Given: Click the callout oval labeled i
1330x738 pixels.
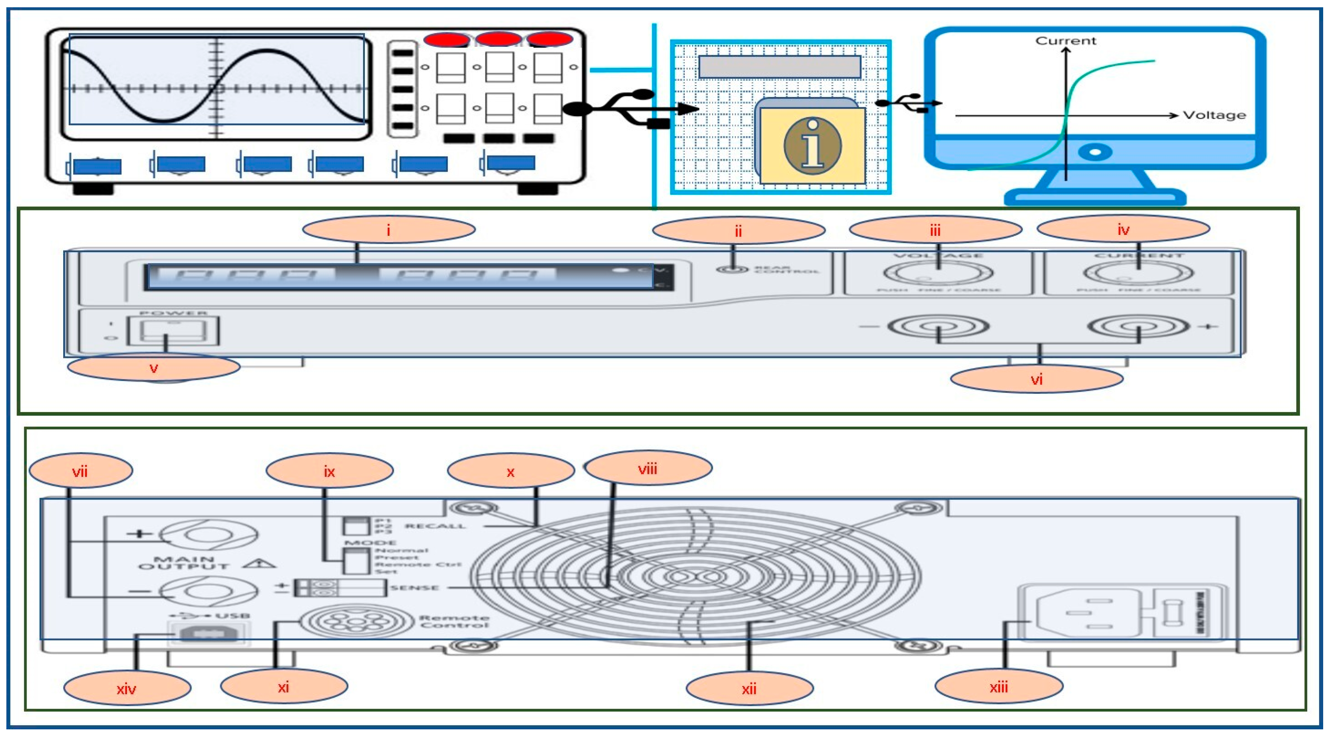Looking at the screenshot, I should pos(388,230).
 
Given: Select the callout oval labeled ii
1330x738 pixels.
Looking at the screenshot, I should pos(738,231).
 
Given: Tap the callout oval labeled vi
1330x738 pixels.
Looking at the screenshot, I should pos(1036,380).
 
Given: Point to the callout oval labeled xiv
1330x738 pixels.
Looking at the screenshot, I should pos(127,688).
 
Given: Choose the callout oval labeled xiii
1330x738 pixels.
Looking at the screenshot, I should pos(999,687).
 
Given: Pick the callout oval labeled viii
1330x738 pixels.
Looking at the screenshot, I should pos(647,468).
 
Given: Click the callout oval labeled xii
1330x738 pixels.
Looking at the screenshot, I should pos(749,688).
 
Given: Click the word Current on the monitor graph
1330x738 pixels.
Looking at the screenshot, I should pos(1065,41).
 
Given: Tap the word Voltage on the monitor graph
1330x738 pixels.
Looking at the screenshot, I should pos(1214,115).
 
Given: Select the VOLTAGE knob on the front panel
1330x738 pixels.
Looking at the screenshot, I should pos(938,273).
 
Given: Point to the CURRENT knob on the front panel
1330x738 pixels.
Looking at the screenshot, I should pos(1138,273).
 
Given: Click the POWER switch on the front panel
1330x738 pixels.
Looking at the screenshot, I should pos(173,331).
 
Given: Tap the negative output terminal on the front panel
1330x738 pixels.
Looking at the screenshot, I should pos(938,327).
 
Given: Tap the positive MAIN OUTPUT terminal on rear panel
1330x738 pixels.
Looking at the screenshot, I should pos(208,535).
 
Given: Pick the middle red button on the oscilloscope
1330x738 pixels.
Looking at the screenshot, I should pos(498,39).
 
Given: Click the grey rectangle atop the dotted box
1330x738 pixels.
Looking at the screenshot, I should pos(779,67).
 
